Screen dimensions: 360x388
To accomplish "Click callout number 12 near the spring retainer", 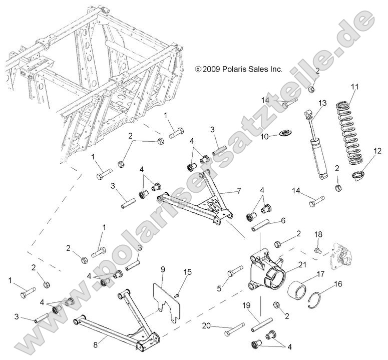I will coord(376,151).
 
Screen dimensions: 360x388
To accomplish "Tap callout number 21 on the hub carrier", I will coord(302,264).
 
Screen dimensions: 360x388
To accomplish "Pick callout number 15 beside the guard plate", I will coord(188,272).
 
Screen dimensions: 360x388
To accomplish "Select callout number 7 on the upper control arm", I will coord(238,191).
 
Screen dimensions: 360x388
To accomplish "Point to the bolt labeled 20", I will coord(234,330).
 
